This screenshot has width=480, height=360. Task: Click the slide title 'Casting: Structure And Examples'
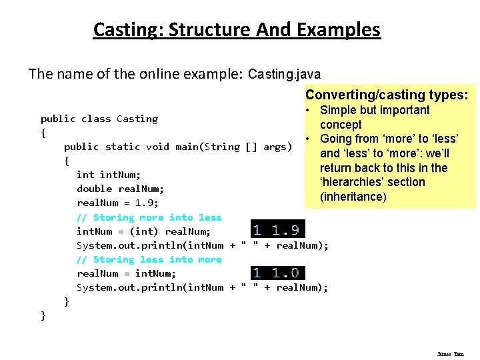click(237, 30)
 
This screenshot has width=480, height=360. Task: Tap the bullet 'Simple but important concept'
click(374, 117)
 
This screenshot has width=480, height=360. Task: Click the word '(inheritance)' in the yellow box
click(353, 197)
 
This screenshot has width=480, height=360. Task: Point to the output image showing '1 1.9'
click(277, 229)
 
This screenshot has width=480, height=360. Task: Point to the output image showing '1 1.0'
click(277, 272)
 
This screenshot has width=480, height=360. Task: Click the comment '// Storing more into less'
click(149, 217)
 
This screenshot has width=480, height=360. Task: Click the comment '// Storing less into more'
click(149, 259)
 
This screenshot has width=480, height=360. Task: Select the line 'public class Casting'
click(99, 119)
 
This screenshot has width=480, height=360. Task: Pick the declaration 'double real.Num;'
click(120, 189)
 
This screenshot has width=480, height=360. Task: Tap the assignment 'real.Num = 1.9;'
click(117, 203)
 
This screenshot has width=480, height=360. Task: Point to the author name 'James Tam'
click(451, 354)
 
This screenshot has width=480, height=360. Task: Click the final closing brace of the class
click(43, 315)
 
